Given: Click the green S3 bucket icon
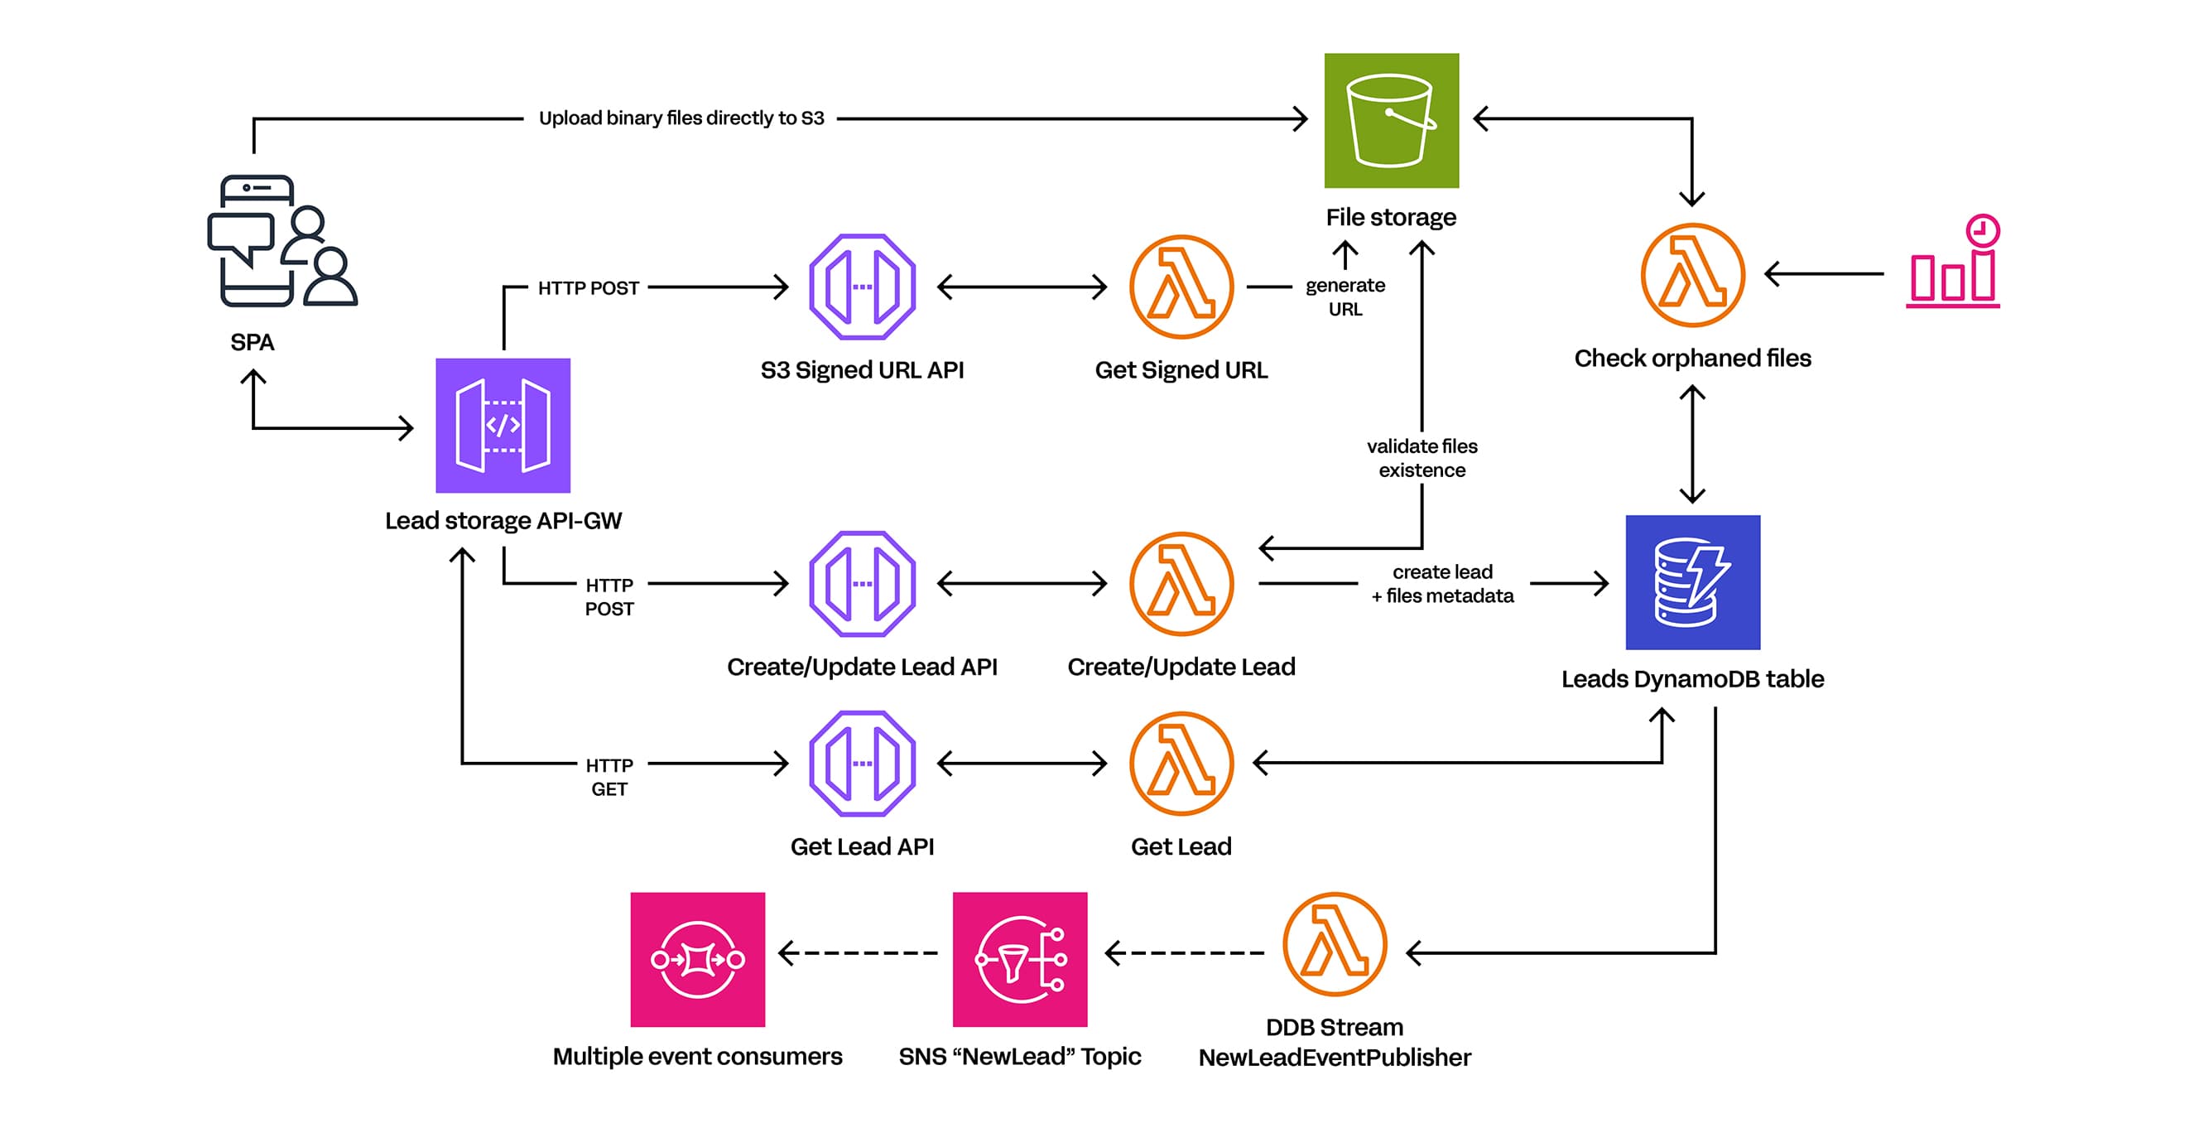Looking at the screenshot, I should click(1390, 120).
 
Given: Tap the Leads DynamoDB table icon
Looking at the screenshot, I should click(1692, 582).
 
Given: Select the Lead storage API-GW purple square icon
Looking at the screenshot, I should click(503, 425).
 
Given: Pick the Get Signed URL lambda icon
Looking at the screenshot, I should click(1181, 287).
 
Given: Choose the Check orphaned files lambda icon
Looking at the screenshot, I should click(1692, 275).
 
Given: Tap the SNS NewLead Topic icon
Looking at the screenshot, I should click(1019, 959).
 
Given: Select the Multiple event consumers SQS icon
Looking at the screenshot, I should click(697, 959).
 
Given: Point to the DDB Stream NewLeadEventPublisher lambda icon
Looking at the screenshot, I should click(1334, 945).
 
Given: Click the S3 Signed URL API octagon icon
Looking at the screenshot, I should click(862, 287).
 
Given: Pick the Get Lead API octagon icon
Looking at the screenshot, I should click(862, 763).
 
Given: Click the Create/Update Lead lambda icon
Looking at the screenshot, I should click(1181, 584).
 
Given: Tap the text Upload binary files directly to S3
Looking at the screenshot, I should click(681, 118).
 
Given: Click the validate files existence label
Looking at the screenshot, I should click(1421, 458).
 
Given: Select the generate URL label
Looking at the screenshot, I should click(1344, 296).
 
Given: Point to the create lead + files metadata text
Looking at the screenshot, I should click(1441, 584).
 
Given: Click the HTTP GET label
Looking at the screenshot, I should click(609, 777).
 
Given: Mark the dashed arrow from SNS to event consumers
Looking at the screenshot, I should click(858, 952).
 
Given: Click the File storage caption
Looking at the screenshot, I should click(1390, 218).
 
